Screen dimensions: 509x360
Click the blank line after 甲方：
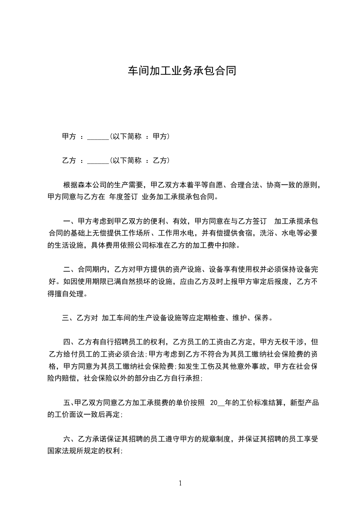click(98, 136)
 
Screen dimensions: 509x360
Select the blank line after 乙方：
click(98, 160)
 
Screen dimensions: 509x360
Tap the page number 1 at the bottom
click(180, 483)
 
